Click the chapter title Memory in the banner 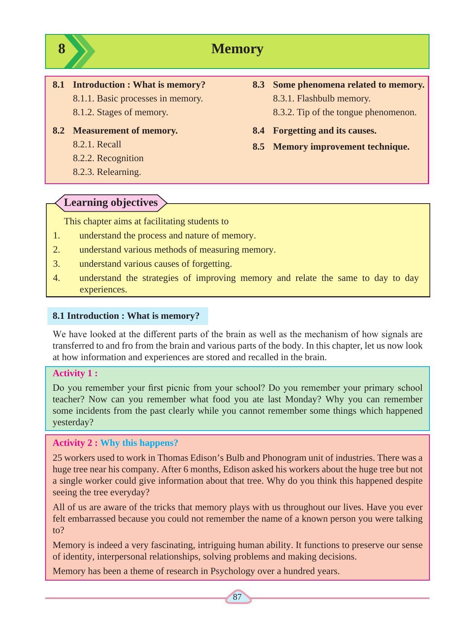tap(237, 49)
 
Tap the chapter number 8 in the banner tap(62, 49)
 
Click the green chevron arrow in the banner tap(82, 51)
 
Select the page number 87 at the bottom tap(237, 597)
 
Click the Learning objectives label tap(111, 202)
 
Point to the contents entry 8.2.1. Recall tap(97, 144)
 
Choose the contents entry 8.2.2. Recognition tap(108, 158)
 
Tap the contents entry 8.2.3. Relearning tap(107, 172)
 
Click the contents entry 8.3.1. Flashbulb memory tap(322, 98)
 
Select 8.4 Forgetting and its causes tap(314, 131)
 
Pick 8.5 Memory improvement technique tap(331, 147)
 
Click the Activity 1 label tap(75, 373)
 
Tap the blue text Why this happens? tap(139, 443)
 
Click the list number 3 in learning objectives tap(57, 264)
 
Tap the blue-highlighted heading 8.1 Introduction tap(126, 316)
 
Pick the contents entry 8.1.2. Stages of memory tap(121, 112)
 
